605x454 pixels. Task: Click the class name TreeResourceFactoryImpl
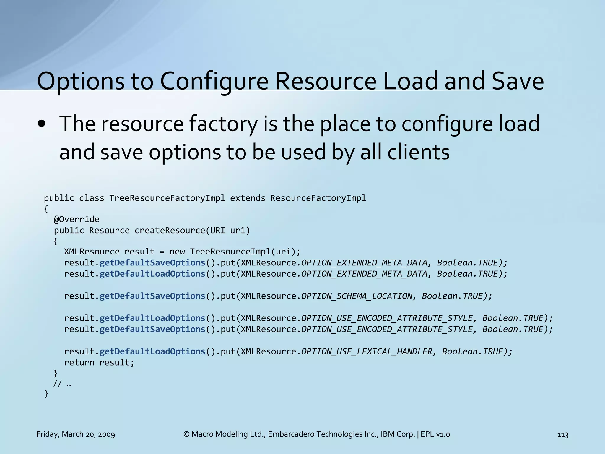tap(167, 198)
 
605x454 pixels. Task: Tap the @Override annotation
tap(77, 219)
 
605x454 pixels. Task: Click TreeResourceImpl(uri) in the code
tap(245, 252)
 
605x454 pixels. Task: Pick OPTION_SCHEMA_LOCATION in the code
tap(357, 296)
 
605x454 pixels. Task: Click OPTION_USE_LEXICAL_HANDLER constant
tap(367, 351)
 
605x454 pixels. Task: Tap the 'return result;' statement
tap(99, 362)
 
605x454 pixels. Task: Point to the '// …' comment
tap(62, 384)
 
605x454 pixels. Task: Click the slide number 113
tap(562, 434)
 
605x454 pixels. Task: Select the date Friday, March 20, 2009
tap(76, 434)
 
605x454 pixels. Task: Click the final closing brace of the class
tap(46, 394)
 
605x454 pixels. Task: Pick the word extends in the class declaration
tap(248, 198)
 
